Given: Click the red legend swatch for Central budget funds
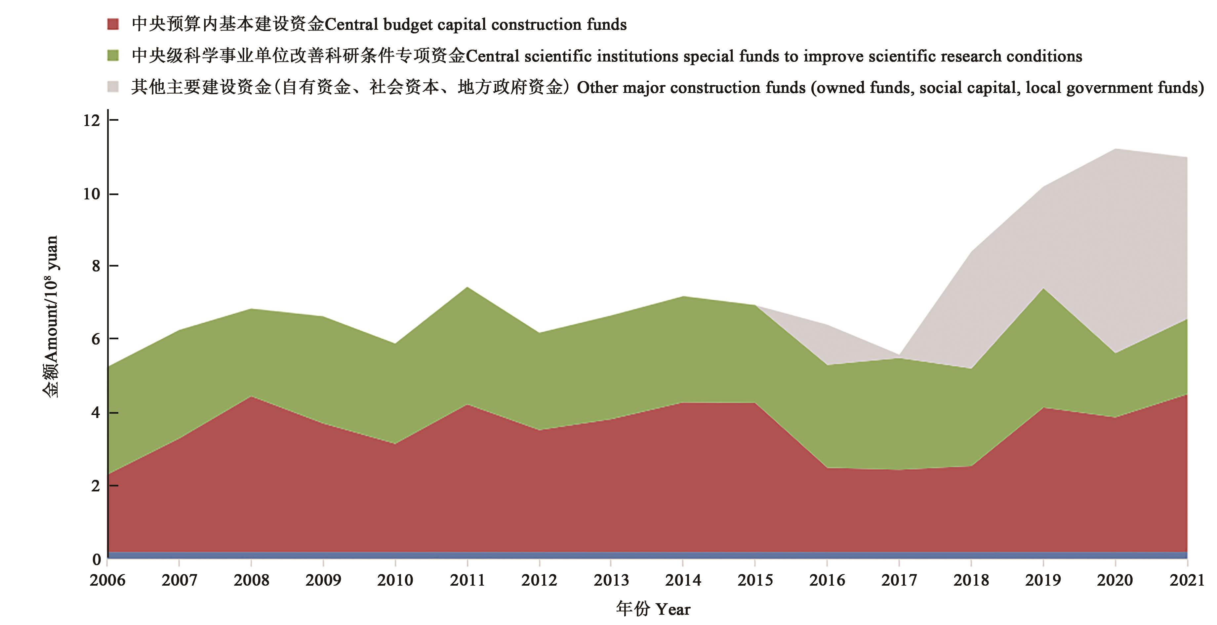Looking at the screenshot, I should coord(113,24).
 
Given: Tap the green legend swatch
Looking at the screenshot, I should coord(113,56).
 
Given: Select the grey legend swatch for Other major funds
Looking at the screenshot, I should coord(113,87).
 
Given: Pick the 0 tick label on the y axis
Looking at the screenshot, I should coord(97,559).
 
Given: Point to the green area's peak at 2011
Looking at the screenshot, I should coord(467,288).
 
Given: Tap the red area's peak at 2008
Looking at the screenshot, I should coord(251,397).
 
